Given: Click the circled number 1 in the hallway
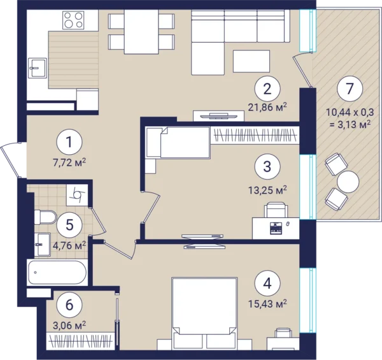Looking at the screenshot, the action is pyautogui.click(x=69, y=142).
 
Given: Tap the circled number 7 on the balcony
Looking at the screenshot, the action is pyautogui.click(x=350, y=89).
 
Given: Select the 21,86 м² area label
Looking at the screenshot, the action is pyautogui.click(x=267, y=107).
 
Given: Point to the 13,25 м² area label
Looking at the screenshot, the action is pyautogui.click(x=267, y=190).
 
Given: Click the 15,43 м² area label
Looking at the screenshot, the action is pyautogui.click(x=267, y=303).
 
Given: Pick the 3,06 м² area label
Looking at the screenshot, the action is pyautogui.click(x=69, y=325).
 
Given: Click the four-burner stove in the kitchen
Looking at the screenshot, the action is pyautogui.click(x=73, y=20).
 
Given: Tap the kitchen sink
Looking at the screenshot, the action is pyautogui.click(x=38, y=68).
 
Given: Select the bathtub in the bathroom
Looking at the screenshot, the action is pyautogui.click(x=57, y=273).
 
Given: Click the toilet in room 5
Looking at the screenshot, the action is pyautogui.click(x=45, y=217).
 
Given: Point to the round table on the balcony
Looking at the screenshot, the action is pyautogui.click(x=348, y=182).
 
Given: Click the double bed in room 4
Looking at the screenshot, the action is pyautogui.click(x=204, y=313).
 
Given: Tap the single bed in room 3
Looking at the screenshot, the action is pyautogui.click(x=178, y=143).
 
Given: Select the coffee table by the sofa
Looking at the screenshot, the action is pyautogui.click(x=251, y=61).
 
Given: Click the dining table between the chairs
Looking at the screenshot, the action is pyautogui.click(x=141, y=31).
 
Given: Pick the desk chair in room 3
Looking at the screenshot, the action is pyautogui.click(x=276, y=210).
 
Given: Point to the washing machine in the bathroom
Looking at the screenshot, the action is pyautogui.click(x=77, y=195).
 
